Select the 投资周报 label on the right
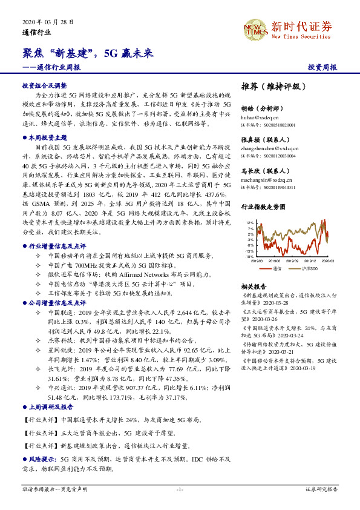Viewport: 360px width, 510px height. (x=322, y=67)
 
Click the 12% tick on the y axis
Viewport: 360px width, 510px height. (x=249, y=223)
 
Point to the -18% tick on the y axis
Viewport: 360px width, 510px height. (x=249, y=257)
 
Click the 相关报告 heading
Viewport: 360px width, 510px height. (x=254, y=286)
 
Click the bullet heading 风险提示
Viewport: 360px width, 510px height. (x=44, y=460)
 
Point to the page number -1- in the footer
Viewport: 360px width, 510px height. (x=180, y=489)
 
